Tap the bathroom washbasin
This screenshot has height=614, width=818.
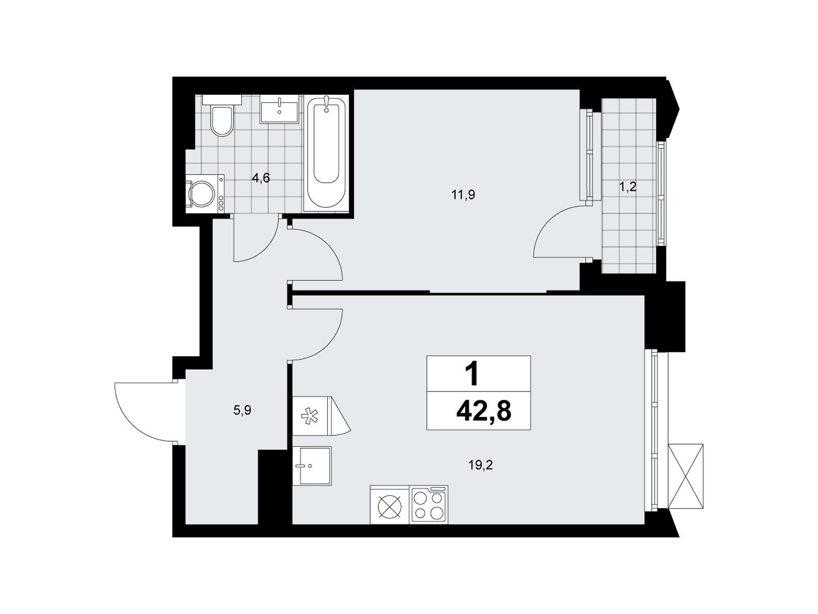click(x=280, y=109)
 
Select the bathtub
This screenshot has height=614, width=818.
click(x=326, y=153)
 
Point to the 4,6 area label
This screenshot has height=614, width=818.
click(x=261, y=178)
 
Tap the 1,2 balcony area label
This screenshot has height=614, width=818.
click(x=628, y=187)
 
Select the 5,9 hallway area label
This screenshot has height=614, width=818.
click(x=242, y=410)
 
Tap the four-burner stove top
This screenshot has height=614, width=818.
click(x=428, y=505)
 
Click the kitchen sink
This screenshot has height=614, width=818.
click(x=312, y=466)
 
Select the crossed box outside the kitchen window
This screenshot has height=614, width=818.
click(x=686, y=476)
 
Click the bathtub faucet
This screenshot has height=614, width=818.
click(x=327, y=104)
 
